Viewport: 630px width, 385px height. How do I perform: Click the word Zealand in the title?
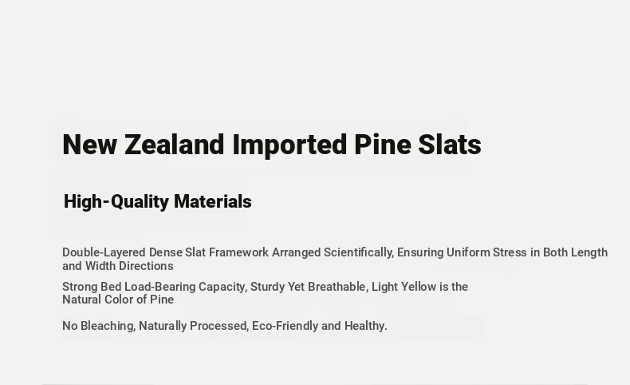click(x=175, y=145)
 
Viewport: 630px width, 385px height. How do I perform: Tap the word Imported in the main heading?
click(x=289, y=145)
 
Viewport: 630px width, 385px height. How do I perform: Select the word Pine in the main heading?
click(x=383, y=145)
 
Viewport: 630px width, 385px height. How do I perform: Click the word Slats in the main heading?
click(x=450, y=145)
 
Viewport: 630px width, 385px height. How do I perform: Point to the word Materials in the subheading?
click(x=213, y=201)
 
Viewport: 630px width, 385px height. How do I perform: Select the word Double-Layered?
click(x=104, y=252)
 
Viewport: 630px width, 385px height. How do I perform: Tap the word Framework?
click(x=238, y=252)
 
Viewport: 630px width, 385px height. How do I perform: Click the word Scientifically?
click(x=359, y=252)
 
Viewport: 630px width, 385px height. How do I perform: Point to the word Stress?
click(x=510, y=252)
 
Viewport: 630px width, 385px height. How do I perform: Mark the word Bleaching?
click(x=108, y=326)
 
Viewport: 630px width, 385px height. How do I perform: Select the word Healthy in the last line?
click(x=366, y=326)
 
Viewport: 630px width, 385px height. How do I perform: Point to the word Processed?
click(x=219, y=326)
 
